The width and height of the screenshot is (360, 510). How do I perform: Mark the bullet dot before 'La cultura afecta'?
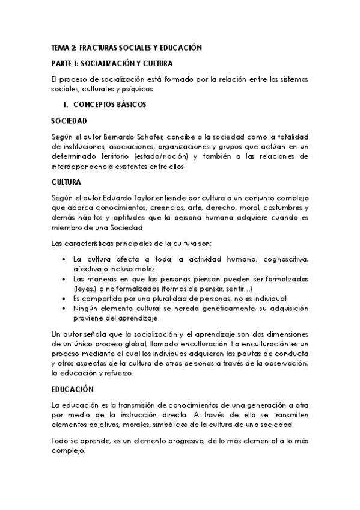click(64, 260)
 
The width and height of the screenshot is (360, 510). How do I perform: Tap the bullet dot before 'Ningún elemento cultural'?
click(64, 309)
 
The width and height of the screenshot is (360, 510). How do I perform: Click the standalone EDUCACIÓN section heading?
click(73, 389)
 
